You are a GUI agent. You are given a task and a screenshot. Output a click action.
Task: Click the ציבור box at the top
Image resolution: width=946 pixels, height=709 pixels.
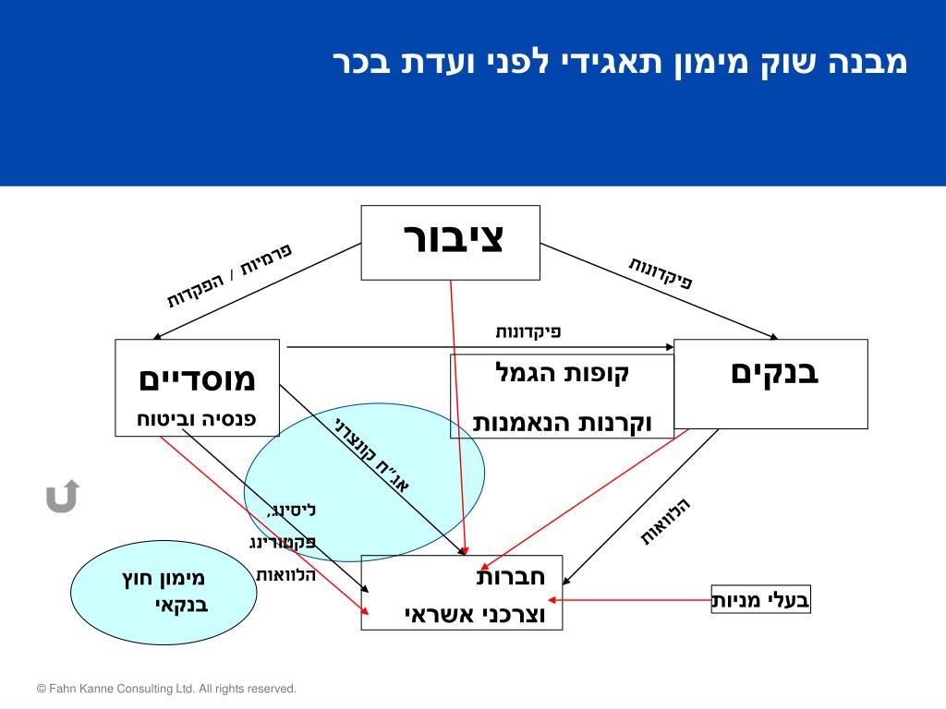coord(450,242)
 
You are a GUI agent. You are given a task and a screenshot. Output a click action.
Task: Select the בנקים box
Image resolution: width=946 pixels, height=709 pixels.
coord(771,383)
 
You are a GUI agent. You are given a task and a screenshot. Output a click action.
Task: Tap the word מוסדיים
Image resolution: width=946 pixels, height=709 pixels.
coord(197,379)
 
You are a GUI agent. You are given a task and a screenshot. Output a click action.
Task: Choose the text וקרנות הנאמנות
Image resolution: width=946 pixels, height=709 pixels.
coord(563,423)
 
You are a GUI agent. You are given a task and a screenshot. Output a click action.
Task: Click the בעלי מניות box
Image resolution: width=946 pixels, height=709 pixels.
coord(760,600)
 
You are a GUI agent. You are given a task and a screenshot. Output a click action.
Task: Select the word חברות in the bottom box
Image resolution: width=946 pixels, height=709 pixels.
coord(511,577)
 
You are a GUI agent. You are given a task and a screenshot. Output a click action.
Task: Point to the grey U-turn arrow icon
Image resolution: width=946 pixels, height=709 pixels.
coord(62,497)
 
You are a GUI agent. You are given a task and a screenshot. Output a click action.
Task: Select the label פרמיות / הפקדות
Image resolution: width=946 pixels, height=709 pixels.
coord(229,276)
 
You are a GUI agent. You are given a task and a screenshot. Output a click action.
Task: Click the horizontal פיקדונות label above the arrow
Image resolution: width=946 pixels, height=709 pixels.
coord(528,331)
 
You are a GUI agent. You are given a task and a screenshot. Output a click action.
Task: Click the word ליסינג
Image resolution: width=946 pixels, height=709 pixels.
coord(291,510)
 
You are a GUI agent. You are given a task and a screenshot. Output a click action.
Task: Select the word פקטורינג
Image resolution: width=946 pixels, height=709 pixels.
coord(283,542)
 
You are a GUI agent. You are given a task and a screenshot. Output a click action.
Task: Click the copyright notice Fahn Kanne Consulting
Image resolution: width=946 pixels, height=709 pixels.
coord(166,689)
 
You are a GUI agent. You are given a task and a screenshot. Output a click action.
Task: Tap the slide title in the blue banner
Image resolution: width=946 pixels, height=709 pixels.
coord(620,63)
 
